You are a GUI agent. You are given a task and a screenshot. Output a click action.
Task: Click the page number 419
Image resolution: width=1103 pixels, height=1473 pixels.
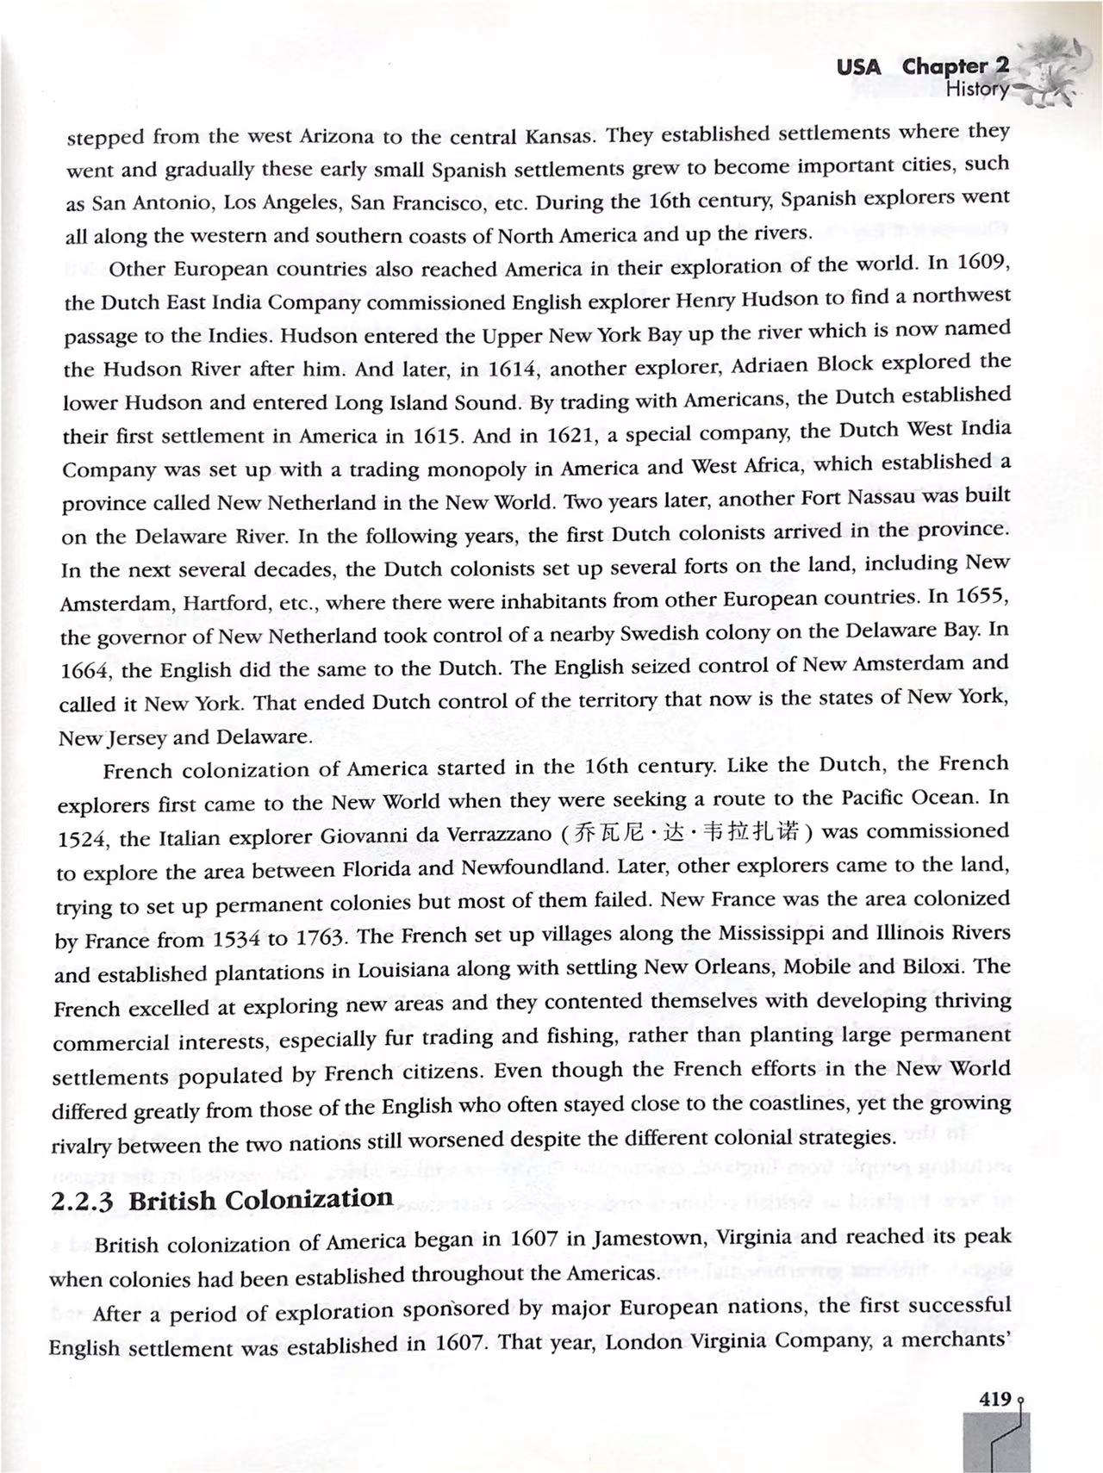coord(995,1400)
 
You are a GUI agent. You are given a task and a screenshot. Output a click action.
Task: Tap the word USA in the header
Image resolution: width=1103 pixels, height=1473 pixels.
coord(859,67)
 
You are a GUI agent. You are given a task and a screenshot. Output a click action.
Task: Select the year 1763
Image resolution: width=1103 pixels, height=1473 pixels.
coord(321,937)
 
